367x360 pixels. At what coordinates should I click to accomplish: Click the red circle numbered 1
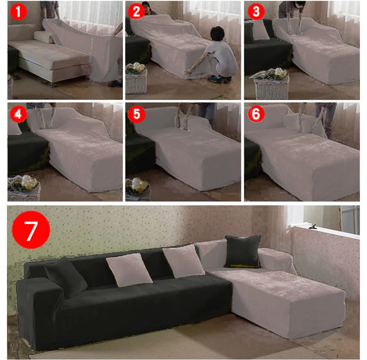pyautogui.click(x=18, y=12)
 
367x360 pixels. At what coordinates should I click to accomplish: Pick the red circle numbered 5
pyautogui.click(x=137, y=114)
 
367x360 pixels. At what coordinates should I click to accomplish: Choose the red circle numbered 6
pyautogui.click(x=256, y=114)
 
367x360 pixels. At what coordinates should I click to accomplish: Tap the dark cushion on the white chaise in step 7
pyautogui.click(x=243, y=251)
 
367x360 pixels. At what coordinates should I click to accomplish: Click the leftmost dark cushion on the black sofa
pyautogui.click(x=65, y=277)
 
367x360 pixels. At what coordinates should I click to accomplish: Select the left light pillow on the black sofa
pyautogui.click(x=129, y=270)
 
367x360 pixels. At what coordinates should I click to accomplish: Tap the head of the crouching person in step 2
pyautogui.click(x=217, y=34)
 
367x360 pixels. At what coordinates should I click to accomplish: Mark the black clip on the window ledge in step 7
pyautogui.click(x=314, y=226)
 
